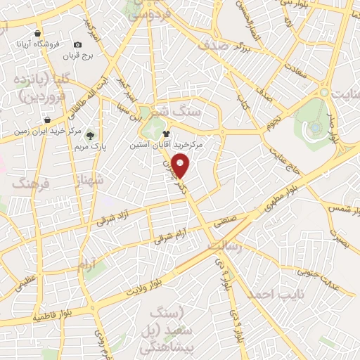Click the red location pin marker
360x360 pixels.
[x=181, y=166]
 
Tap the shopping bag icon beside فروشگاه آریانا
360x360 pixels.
[x=37, y=32]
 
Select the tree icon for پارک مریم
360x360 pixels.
[x=92, y=136]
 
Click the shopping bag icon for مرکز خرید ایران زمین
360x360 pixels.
[x=46, y=120]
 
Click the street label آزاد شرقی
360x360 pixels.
[x=117, y=212]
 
